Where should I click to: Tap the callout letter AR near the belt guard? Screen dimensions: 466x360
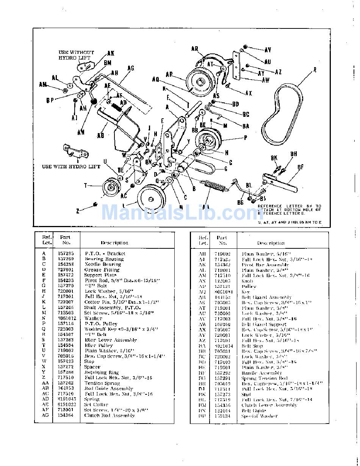[x=195, y=49]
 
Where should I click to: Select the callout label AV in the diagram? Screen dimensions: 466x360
[x=268, y=50]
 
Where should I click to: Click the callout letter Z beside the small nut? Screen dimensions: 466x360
[x=78, y=211]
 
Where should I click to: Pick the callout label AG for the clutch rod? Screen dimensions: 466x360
[x=131, y=68]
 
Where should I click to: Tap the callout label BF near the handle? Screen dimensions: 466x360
[x=301, y=166]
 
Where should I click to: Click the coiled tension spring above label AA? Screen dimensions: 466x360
[x=214, y=186]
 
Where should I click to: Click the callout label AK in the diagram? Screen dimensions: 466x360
[x=111, y=53]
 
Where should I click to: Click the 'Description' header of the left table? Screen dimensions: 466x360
[x=114, y=243]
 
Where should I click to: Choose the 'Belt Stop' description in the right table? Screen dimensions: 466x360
[x=252, y=346]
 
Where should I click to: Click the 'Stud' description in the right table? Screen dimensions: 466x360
[x=247, y=394]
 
